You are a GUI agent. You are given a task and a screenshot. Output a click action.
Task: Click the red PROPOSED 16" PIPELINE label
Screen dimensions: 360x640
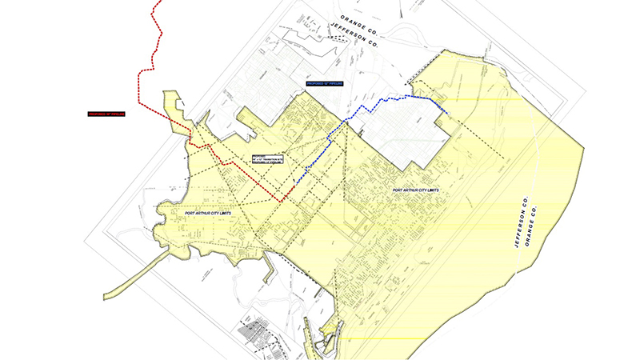108,114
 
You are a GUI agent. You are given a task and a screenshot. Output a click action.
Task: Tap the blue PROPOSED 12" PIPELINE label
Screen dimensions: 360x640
324,84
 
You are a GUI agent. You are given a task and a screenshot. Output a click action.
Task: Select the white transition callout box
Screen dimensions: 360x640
268,161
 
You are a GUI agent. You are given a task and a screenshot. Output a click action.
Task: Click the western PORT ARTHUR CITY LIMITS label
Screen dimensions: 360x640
207,214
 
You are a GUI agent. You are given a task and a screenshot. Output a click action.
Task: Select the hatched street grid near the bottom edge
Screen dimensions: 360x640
260,336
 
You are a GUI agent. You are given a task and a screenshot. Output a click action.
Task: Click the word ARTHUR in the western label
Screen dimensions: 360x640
208,214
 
